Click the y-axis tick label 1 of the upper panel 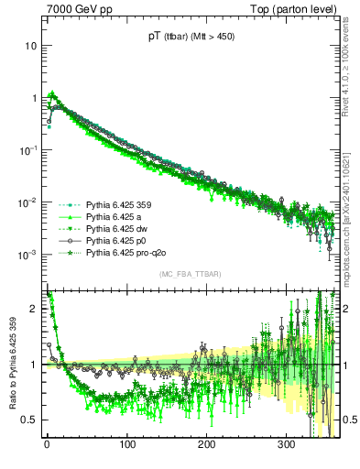pos(34,97)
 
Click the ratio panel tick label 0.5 pos(30,420)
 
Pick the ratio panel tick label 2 pos(34,309)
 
